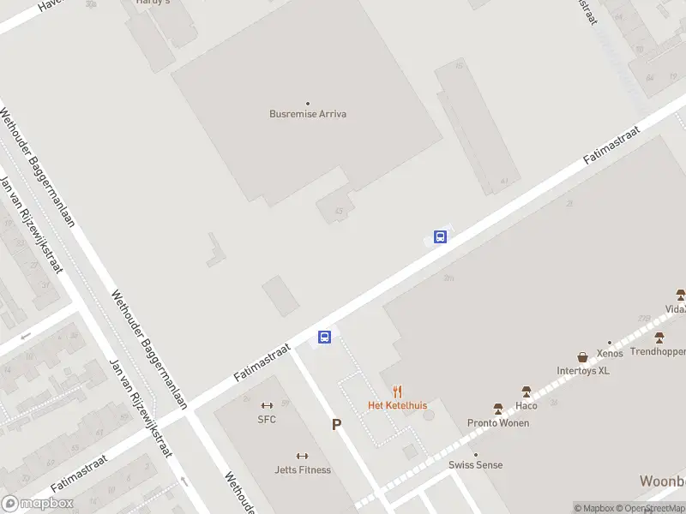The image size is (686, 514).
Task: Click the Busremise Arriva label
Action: click(308, 114)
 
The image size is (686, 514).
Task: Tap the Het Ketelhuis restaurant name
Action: click(397, 405)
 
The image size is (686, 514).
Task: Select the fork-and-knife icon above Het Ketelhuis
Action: click(397, 392)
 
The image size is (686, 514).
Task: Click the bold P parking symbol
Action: click(337, 425)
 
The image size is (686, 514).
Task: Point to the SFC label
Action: click(267, 419)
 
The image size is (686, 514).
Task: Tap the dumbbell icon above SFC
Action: click(267, 406)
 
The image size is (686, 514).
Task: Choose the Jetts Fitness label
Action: click(302, 469)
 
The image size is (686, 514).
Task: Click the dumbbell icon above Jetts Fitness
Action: click(302, 457)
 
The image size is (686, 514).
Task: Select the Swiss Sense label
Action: click(476, 465)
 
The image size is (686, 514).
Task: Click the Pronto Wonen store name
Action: click(497, 423)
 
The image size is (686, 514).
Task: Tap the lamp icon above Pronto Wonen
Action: click(497, 409)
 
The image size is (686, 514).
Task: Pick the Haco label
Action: click(526, 405)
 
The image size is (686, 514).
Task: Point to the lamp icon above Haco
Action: click(526, 392)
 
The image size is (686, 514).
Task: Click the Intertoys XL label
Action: click(583, 371)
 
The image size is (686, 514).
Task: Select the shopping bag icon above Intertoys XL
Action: click(583, 357)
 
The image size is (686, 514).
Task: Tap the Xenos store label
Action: click(610, 353)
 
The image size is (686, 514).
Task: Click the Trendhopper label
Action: click(658, 351)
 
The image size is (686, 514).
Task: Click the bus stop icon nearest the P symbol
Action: click(325, 338)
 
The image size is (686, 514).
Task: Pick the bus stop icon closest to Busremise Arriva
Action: click(440, 237)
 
